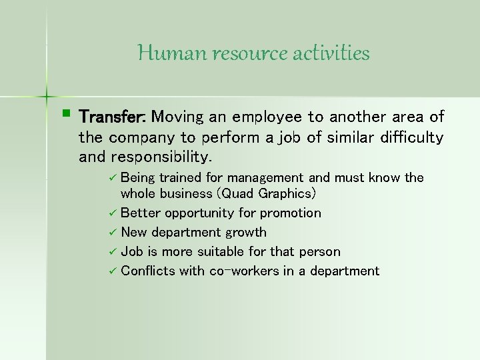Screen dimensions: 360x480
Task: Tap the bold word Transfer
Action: (x=113, y=117)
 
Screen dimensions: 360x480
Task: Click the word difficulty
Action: (x=408, y=138)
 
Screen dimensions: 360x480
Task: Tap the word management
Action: (x=265, y=178)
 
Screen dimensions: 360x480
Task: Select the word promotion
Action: (x=290, y=213)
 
